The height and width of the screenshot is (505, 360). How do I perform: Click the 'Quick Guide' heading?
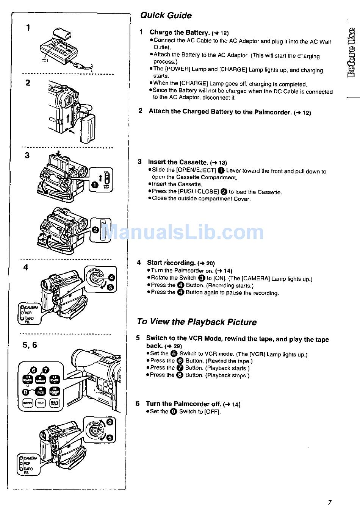[166, 16]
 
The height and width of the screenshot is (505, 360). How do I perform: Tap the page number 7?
[329, 502]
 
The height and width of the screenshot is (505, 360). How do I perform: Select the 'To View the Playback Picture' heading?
[197, 322]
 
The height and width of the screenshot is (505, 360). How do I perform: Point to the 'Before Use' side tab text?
[351, 53]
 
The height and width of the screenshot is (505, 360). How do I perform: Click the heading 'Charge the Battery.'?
[180, 33]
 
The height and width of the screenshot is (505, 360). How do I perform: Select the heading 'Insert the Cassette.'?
[178, 162]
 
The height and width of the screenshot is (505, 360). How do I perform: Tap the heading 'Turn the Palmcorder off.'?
[184, 404]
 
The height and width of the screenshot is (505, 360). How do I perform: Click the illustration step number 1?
[28, 27]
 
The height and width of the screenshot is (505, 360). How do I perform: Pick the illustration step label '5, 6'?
[30, 345]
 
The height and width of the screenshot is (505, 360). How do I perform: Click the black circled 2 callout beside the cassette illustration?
[95, 230]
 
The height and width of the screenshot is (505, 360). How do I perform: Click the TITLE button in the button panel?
[41, 403]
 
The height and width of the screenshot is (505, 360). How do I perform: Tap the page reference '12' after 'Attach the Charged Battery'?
[307, 113]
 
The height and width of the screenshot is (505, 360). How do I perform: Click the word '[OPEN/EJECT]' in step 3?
[196, 170]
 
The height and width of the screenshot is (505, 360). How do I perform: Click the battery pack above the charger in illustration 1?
[62, 33]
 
